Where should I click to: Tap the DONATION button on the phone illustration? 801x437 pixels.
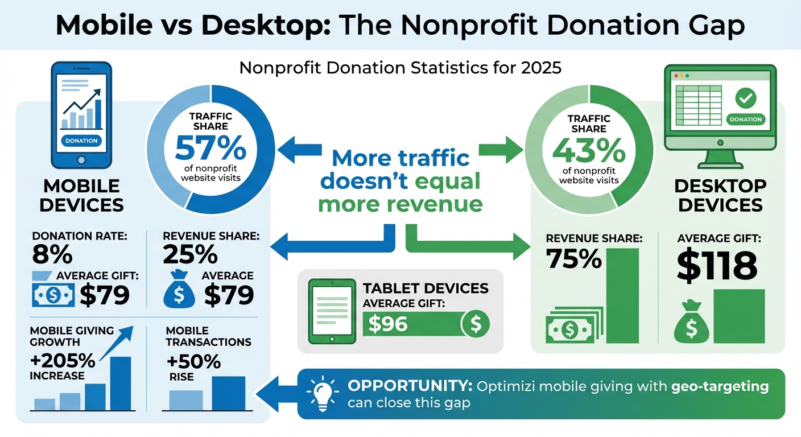click(81, 141)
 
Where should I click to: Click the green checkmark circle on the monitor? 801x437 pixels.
click(745, 98)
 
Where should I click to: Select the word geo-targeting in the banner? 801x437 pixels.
click(720, 387)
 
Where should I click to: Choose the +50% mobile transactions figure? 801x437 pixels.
click(187, 362)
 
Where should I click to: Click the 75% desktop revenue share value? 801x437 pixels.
click(573, 259)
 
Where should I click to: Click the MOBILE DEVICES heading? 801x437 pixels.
click(81, 195)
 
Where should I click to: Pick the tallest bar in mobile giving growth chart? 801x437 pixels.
click(120, 383)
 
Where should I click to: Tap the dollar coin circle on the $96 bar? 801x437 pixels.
click(476, 324)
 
